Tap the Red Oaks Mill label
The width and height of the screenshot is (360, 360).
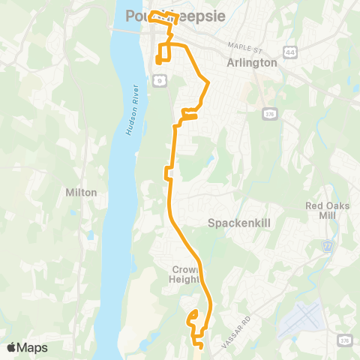pos(323,211)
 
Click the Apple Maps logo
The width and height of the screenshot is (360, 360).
pos(27,347)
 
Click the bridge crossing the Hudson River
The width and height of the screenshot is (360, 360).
pos(124,30)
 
